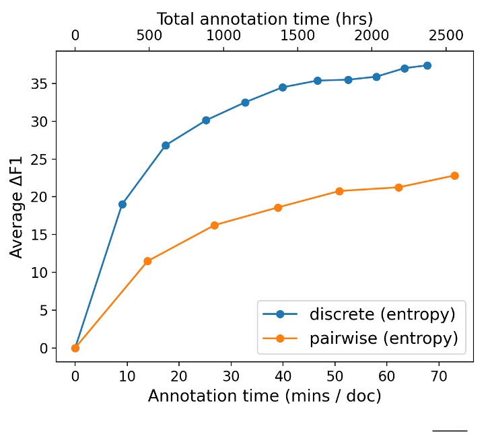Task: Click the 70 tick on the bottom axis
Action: (x=439, y=375)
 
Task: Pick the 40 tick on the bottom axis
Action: (x=283, y=375)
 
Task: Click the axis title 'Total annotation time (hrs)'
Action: (x=265, y=18)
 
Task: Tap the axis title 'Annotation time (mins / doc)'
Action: (x=265, y=396)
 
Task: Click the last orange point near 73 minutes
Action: (x=454, y=176)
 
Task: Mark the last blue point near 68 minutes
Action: (x=427, y=65)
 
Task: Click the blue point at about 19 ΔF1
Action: (x=122, y=204)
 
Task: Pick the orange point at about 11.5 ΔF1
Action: (x=147, y=261)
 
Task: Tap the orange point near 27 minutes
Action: (x=214, y=225)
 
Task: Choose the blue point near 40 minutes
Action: (x=283, y=87)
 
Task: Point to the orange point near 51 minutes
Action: (x=339, y=191)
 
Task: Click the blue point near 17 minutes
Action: (x=166, y=145)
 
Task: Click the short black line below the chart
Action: (x=450, y=430)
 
